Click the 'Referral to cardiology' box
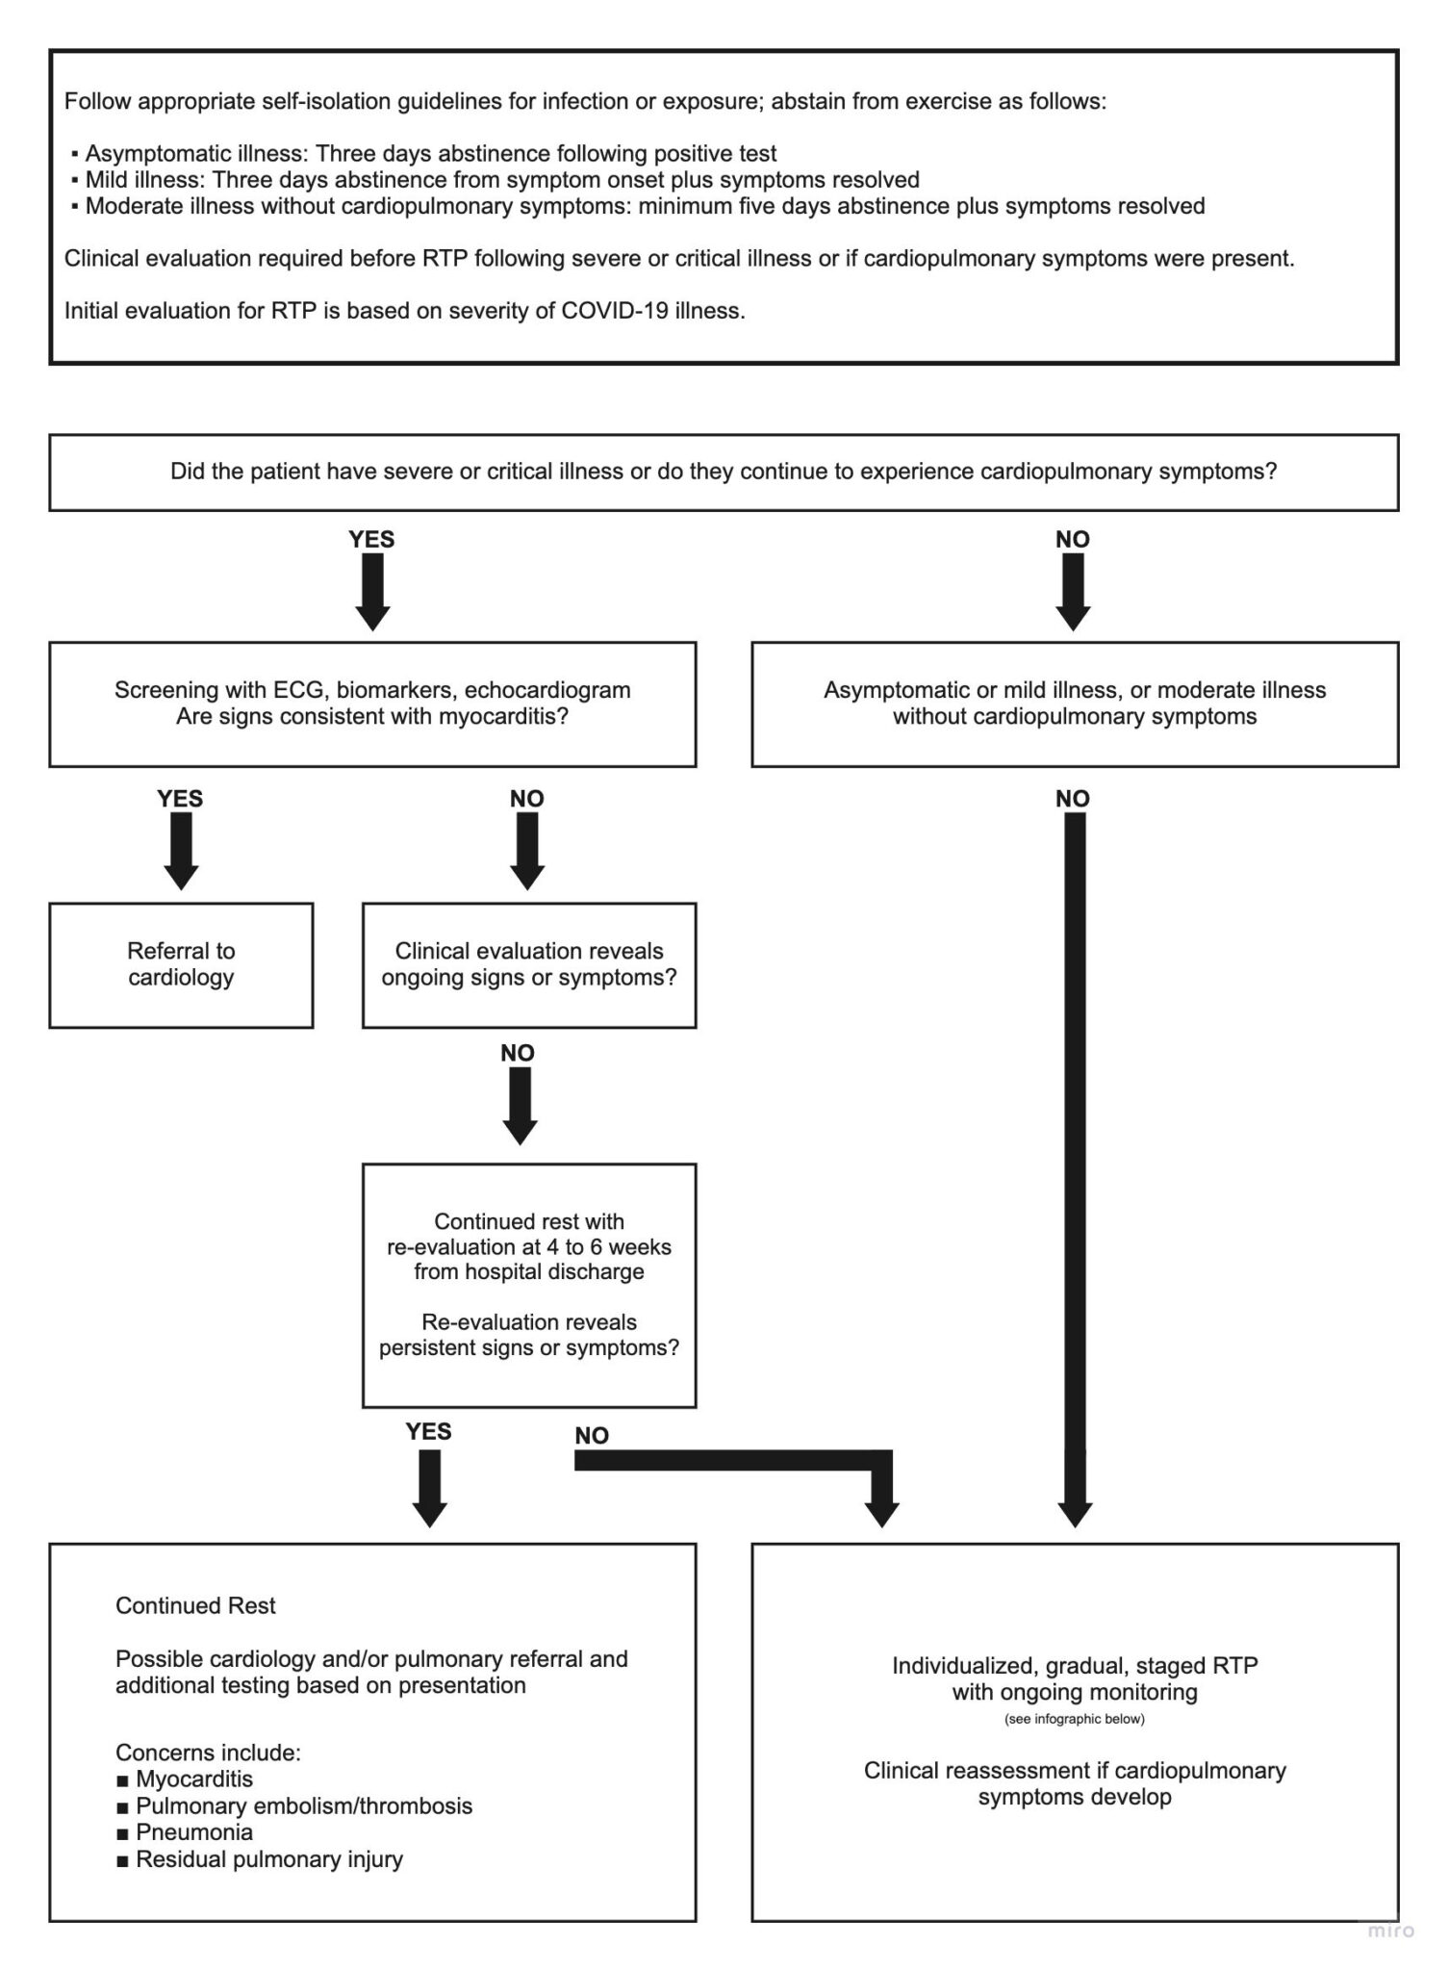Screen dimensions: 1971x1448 181,964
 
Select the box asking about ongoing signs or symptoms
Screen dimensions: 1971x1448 528,964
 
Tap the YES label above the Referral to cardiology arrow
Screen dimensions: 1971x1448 180,799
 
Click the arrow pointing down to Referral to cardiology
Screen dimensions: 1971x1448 181,851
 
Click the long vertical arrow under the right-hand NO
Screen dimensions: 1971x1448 1075,1155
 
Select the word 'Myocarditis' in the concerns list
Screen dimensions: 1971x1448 194,1779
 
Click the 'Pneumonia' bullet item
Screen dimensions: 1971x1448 193,1832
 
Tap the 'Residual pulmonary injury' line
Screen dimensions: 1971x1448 268,1859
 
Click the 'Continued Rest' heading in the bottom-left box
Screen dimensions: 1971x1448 195,1606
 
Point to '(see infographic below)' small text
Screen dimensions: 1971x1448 1075,1719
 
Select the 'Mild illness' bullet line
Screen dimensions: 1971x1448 501,180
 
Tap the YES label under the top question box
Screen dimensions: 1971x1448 371,539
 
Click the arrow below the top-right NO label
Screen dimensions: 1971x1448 1073,591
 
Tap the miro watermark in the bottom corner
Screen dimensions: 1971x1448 1391,1931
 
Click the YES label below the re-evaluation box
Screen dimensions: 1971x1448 428,1432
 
